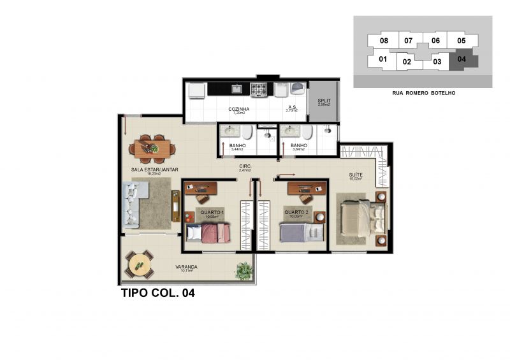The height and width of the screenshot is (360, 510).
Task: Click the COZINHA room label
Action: (x=239, y=109)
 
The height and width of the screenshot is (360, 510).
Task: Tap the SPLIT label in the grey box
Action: (x=324, y=100)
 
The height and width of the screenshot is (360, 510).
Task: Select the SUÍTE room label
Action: (x=356, y=175)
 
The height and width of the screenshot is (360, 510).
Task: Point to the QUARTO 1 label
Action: (x=212, y=212)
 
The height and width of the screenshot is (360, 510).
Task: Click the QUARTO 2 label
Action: (x=296, y=212)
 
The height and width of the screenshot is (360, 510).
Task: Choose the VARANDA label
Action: (x=186, y=267)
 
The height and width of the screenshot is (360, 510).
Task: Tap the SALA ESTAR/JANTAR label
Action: (x=154, y=169)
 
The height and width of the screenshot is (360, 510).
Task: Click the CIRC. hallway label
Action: (x=246, y=166)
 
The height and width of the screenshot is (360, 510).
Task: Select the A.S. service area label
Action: (x=293, y=108)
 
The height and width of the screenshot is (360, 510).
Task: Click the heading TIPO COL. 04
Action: (x=157, y=294)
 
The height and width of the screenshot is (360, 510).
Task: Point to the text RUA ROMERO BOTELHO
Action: (x=423, y=93)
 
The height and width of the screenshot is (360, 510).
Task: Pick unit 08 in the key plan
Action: (x=384, y=41)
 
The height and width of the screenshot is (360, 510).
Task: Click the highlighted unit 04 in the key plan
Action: (x=462, y=60)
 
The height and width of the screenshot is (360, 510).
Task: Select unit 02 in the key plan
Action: (x=407, y=62)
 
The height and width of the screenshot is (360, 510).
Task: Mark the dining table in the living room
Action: (x=153, y=148)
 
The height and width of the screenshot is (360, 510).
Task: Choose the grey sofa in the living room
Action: (x=133, y=204)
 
